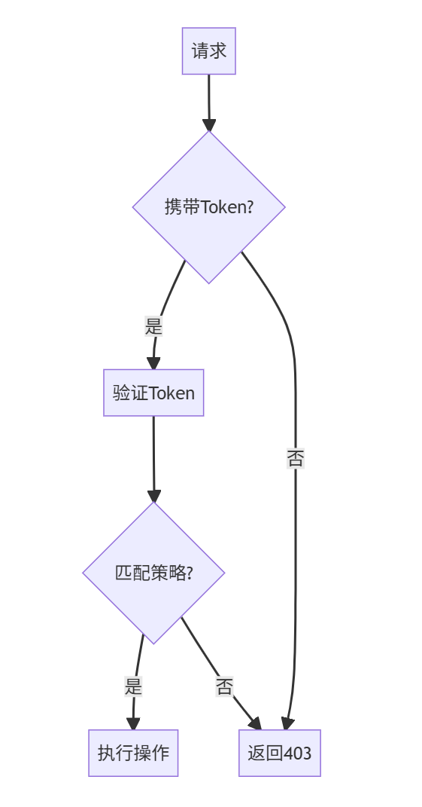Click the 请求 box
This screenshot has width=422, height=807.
(x=208, y=51)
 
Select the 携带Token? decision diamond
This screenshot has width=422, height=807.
(x=208, y=207)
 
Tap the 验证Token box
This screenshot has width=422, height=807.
(x=153, y=393)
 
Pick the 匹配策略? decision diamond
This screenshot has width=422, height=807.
(x=153, y=573)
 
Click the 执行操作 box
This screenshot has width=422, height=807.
(x=133, y=753)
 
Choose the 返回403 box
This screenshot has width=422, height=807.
(x=280, y=753)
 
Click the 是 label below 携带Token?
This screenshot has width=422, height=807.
(x=153, y=326)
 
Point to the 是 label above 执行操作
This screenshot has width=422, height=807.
(x=133, y=686)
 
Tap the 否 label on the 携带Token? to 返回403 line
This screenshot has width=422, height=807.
(x=295, y=458)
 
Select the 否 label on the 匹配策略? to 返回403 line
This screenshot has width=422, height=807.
(x=224, y=686)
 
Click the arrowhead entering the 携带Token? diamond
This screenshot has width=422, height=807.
(x=208, y=124)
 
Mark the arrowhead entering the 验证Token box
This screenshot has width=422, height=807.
(x=153, y=363)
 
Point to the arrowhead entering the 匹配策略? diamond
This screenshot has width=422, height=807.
(x=153, y=496)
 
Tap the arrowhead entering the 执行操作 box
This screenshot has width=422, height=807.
(x=133, y=723)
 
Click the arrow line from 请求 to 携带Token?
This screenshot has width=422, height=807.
(x=208, y=94)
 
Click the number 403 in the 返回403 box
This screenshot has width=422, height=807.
(x=297, y=753)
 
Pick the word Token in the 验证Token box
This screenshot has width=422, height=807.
(x=173, y=393)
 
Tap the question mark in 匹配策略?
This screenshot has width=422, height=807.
(x=189, y=573)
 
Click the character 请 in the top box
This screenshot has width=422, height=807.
(x=199, y=51)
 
